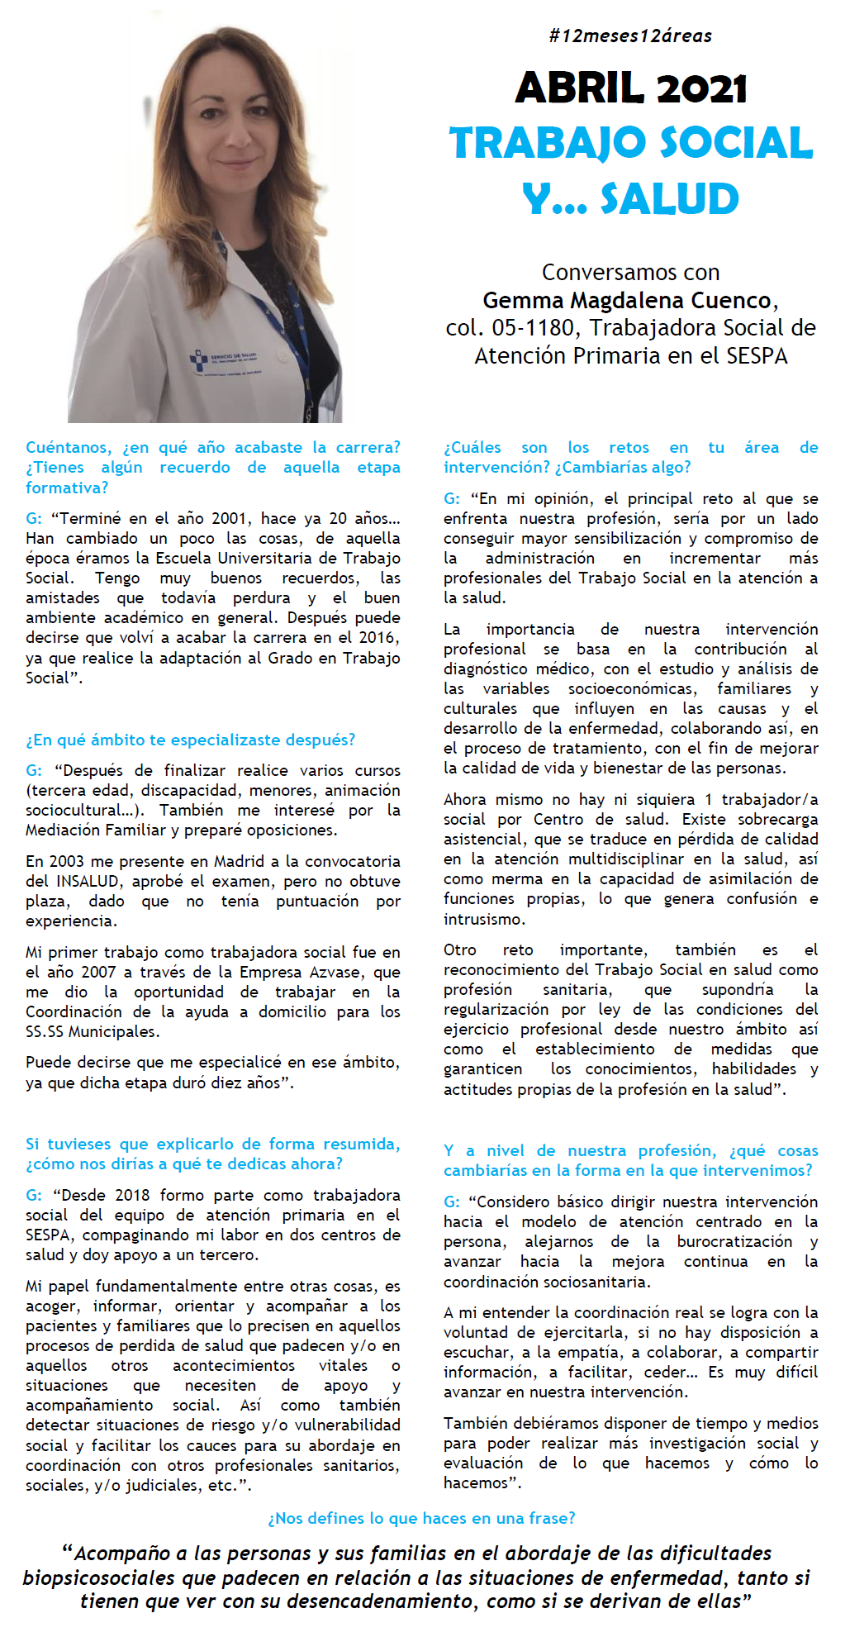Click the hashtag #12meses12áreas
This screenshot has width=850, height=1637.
pos(629,36)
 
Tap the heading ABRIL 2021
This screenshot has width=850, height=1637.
pos(631,88)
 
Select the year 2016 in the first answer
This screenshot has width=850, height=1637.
pos(381,638)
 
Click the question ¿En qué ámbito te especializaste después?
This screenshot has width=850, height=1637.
pos(190,740)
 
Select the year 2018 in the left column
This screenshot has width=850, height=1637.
pos(132,1196)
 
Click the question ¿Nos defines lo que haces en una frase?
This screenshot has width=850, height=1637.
pos(421,1518)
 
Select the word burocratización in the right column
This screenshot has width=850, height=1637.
pos(734,1242)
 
